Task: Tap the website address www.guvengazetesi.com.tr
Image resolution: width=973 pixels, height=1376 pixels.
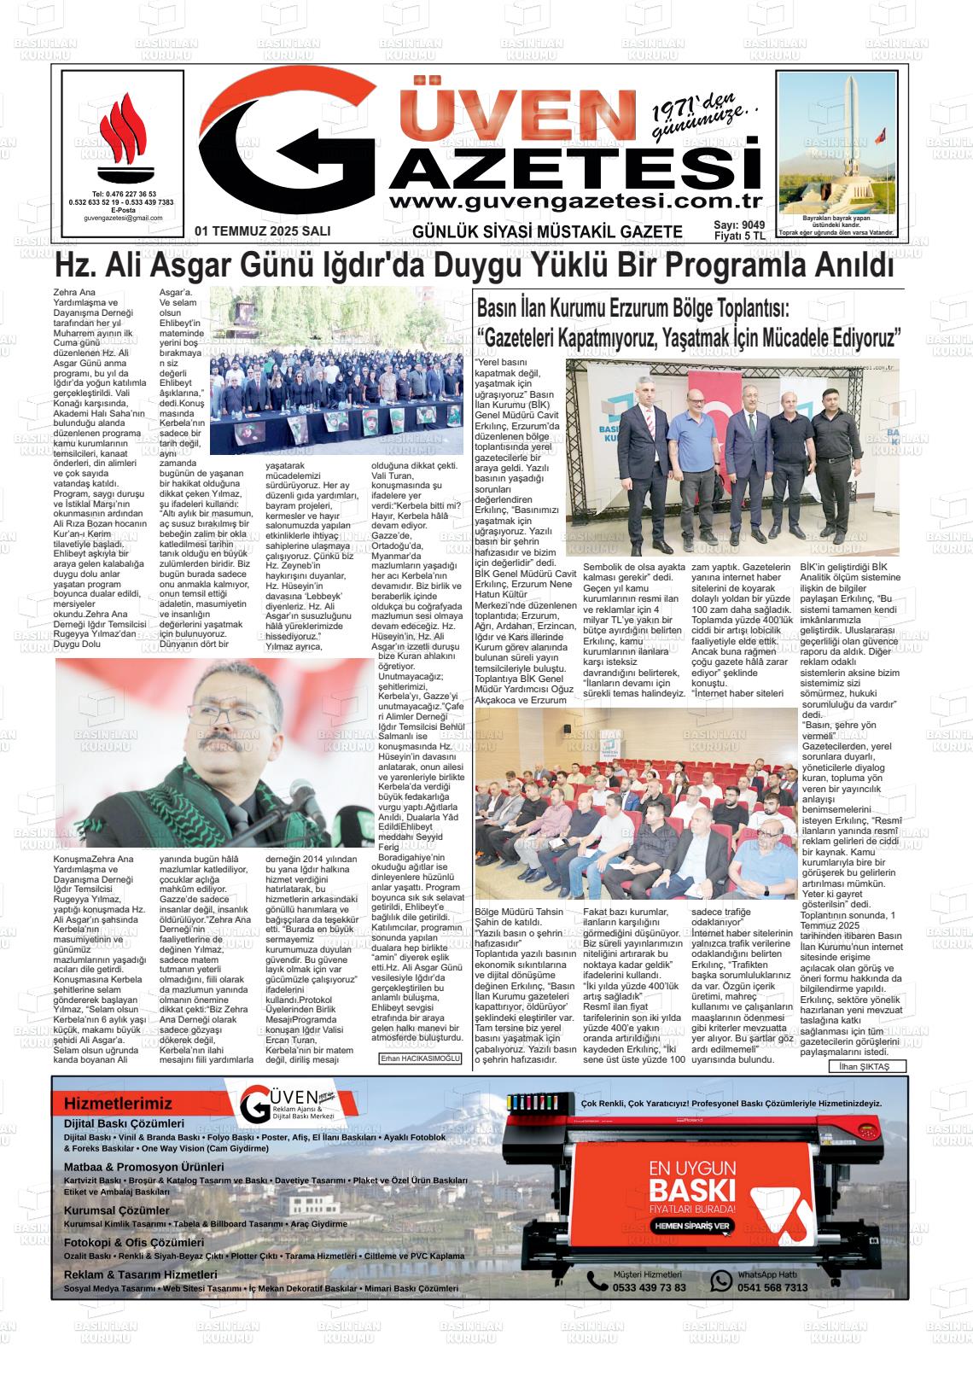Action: (x=574, y=201)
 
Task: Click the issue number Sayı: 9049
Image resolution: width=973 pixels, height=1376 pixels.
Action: (x=739, y=225)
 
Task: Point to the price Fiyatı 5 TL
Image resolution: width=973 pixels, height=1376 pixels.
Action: (x=739, y=236)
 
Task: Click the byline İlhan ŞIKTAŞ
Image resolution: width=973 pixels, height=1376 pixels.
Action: (x=865, y=1067)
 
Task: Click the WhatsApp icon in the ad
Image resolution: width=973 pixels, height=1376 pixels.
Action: (x=721, y=1280)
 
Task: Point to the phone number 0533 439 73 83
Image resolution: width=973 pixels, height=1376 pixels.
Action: (x=649, y=1287)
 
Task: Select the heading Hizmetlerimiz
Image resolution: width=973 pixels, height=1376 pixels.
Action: (x=118, y=1104)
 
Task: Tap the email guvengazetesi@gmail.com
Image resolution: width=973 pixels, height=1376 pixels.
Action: (x=123, y=219)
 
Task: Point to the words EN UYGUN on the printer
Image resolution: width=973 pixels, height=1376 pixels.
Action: (x=692, y=1168)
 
